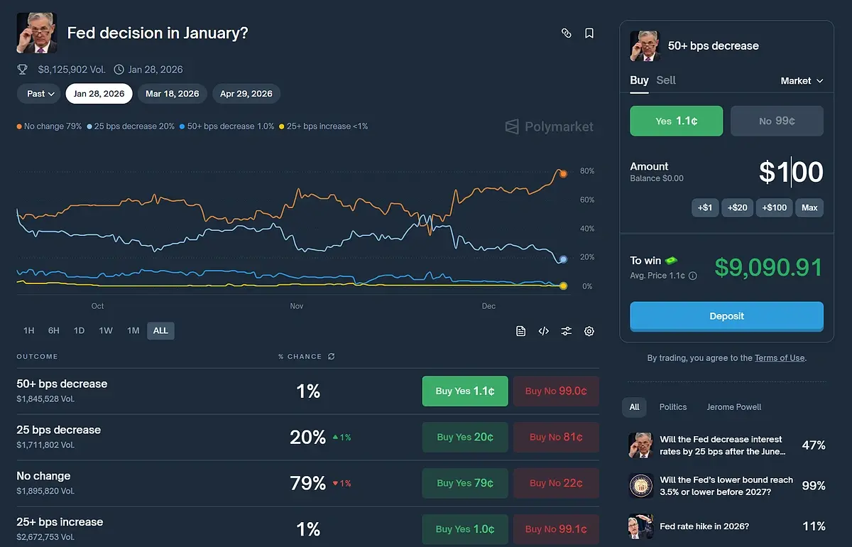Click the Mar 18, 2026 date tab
pos(173,94)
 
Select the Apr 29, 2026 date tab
pos(246,94)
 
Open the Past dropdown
pos(40,94)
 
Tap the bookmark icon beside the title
pos(589,33)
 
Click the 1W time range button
pos(106,330)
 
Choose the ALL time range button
pos(160,330)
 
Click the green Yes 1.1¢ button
pos(676,121)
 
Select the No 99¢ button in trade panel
pos(777,121)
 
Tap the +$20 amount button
pos(737,207)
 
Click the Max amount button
pos(809,207)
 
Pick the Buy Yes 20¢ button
pos(465,437)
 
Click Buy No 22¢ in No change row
pos(556,483)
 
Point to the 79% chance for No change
pos(308,483)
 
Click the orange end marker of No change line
pos(563,173)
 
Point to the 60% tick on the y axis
pos(586,200)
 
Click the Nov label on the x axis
pos(297,306)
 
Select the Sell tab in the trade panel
pos(666,80)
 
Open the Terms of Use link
pos(780,358)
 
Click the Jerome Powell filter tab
pos(733,407)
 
